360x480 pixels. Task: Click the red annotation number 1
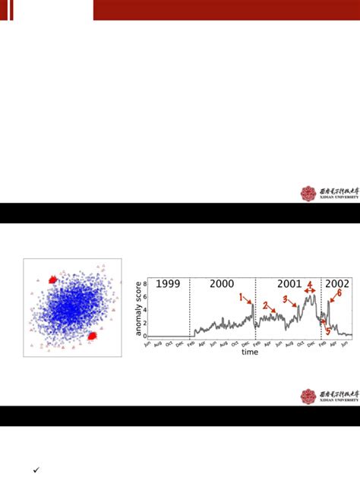point(242,298)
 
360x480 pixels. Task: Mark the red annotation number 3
point(285,300)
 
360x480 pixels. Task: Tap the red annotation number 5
point(328,330)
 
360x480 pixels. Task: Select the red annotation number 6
point(339,292)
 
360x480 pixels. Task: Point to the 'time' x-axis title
point(249,352)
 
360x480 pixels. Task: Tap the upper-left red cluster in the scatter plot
point(53,279)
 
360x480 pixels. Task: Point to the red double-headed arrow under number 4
point(310,291)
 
